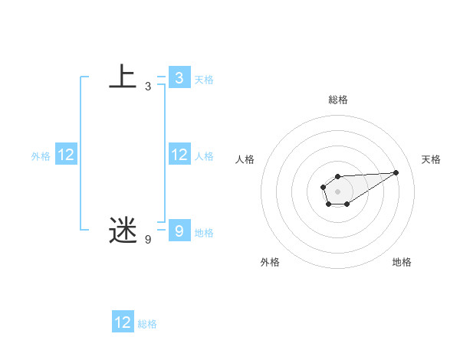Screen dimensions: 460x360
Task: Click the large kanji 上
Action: click(122, 77)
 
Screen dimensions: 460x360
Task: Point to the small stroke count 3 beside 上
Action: click(148, 87)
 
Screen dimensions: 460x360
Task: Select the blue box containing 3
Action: click(179, 78)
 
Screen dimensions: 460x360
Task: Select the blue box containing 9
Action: click(179, 231)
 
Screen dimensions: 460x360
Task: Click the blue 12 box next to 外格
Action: click(66, 155)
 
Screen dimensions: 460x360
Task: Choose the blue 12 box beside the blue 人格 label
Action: click(179, 155)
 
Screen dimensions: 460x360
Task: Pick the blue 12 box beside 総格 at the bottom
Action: click(123, 322)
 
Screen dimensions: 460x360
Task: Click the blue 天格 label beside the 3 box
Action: click(204, 79)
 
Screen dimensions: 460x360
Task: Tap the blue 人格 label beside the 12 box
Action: click(204, 156)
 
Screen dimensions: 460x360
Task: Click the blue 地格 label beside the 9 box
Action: click(204, 232)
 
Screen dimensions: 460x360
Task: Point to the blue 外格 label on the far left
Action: click(41, 156)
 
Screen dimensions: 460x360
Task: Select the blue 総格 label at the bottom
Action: click(147, 324)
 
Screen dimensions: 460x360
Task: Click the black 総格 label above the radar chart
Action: click(337, 100)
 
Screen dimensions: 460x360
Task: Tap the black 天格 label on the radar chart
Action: click(431, 159)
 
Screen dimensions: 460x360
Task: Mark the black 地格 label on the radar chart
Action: click(402, 262)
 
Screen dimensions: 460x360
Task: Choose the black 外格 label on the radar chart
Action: click(270, 262)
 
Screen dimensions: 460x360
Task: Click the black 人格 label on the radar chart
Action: click(245, 159)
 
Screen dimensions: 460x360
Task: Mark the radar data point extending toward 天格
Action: click(396, 172)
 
